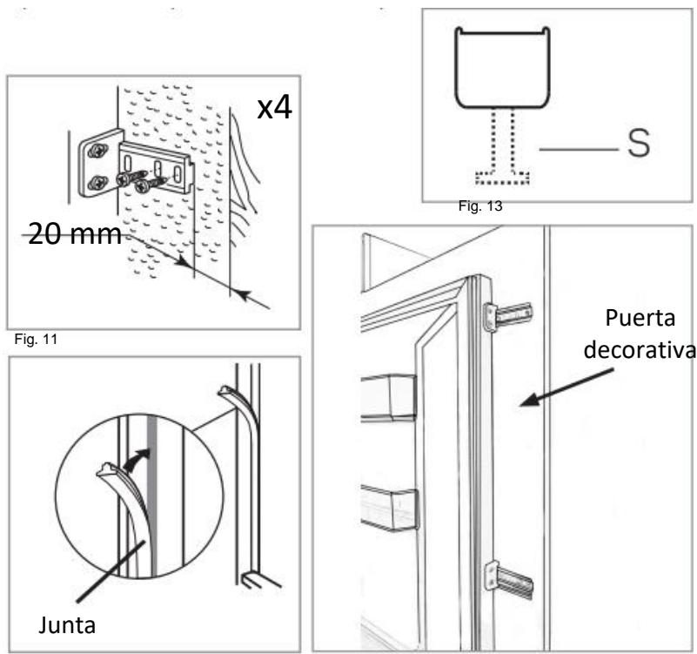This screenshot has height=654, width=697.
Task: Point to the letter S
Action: coord(638,146)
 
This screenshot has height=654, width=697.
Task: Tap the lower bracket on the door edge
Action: coord(510,579)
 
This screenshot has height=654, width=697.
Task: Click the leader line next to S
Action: coord(574,149)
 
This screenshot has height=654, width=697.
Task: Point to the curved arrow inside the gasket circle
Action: coord(137,460)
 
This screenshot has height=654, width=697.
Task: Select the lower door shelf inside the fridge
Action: coord(389,509)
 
